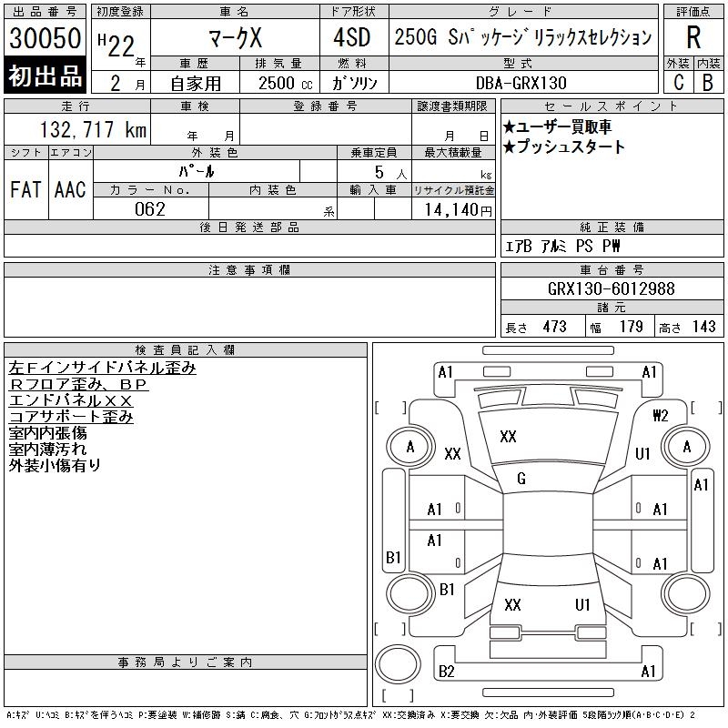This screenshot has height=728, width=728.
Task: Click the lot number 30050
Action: (x=45, y=38)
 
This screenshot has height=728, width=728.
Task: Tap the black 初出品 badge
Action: (x=45, y=76)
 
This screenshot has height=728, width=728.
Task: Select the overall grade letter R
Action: (x=693, y=37)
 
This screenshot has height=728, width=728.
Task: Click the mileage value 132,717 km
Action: (x=93, y=129)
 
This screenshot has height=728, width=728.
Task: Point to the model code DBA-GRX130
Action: (x=521, y=83)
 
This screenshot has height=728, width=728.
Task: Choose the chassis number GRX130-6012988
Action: (x=611, y=288)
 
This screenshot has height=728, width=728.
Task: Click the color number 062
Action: (x=150, y=209)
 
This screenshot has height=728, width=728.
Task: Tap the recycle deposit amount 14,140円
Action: (x=458, y=210)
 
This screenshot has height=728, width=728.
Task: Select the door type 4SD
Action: (x=352, y=37)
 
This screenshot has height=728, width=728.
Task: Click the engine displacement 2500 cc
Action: (x=285, y=84)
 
